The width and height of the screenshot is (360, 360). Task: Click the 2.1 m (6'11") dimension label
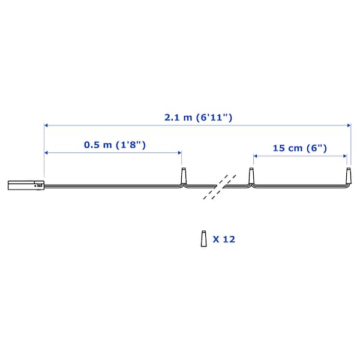[x=198, y=118]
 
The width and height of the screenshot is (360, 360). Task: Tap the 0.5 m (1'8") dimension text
[x=115, y=145]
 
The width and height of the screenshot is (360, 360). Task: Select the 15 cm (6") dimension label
[x=299, y=148]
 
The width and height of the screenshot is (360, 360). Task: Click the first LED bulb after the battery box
[x=184, y=176]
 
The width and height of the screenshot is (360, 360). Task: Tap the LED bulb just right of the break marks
[x=252, y=176]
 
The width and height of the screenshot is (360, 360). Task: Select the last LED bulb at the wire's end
[x=349, y=176]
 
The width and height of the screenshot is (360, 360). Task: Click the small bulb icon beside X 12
[x=203, y=239]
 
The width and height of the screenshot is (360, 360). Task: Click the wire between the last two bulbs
[x=300, y=187]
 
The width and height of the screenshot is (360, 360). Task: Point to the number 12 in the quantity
[x=229, y=239]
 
